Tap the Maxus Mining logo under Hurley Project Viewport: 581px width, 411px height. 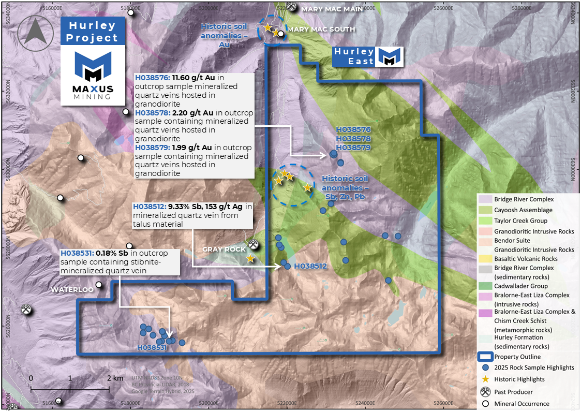pos(93,75)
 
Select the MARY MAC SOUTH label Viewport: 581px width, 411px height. pos(321,30)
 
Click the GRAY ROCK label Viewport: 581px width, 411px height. pos(224,249)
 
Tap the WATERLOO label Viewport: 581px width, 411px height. pos(72,290)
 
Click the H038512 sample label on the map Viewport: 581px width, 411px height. pos(310,266)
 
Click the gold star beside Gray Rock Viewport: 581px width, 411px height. pos(250,258)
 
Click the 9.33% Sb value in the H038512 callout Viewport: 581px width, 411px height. pos(184,207)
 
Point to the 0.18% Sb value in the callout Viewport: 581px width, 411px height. pos(112,253)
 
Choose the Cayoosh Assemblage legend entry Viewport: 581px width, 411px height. pos(523,210)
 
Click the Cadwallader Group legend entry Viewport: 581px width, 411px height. pos(520,286)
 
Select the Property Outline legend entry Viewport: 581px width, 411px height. pos(517,357)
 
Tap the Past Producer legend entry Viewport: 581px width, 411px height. pos(513,392)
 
